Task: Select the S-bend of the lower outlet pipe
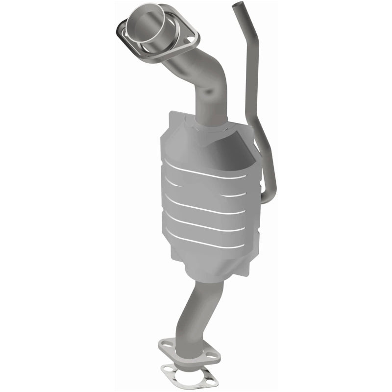point(196,314)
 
